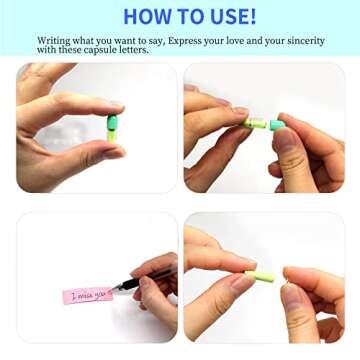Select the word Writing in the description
tap(54, 41)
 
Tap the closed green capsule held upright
tap(112, 129)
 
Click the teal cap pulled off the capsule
tap(278, 125)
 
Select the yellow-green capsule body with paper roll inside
tap(255, 123)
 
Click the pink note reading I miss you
tap(88, 295)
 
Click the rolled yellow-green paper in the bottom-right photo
tap(260, 276)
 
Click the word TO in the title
tap(187, 16)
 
